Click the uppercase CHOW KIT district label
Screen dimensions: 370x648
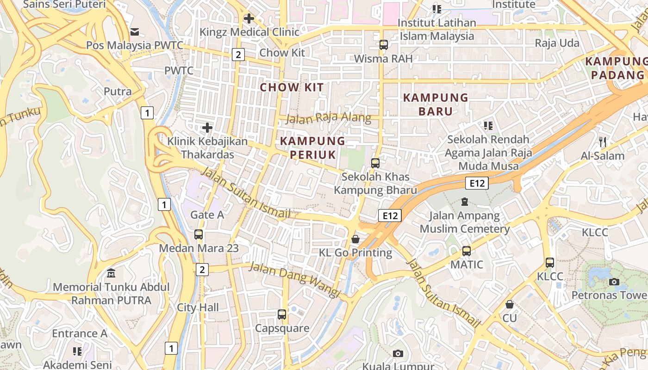coord(292,87)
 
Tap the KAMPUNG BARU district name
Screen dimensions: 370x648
coord(436,104)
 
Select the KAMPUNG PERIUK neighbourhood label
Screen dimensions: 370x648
coord(313,148)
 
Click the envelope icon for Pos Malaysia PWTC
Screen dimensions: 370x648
coord(135,31)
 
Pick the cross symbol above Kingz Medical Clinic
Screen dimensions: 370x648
coord(249,18)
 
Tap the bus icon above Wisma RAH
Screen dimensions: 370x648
coord(383,45)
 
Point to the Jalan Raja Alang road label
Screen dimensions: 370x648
coord(329,118)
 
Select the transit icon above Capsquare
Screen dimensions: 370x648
coord(282,314)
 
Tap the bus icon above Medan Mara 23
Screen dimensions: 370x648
coord(199,234)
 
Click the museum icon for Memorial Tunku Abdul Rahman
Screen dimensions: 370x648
coord(111,273)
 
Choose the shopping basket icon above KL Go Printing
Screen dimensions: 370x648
coord(355,239)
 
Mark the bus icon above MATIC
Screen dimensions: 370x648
coord(467,251)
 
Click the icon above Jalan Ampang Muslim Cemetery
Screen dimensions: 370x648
coord(464,202)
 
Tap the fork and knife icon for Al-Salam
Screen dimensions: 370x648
coord(603,142)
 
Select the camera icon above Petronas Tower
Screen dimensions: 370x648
coord(614,282)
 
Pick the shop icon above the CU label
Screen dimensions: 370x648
coord(510,304)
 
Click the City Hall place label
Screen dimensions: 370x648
coord(198,308)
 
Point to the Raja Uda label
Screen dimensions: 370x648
coord(557,43)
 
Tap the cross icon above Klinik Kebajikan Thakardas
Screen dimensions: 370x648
coord(207,127)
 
